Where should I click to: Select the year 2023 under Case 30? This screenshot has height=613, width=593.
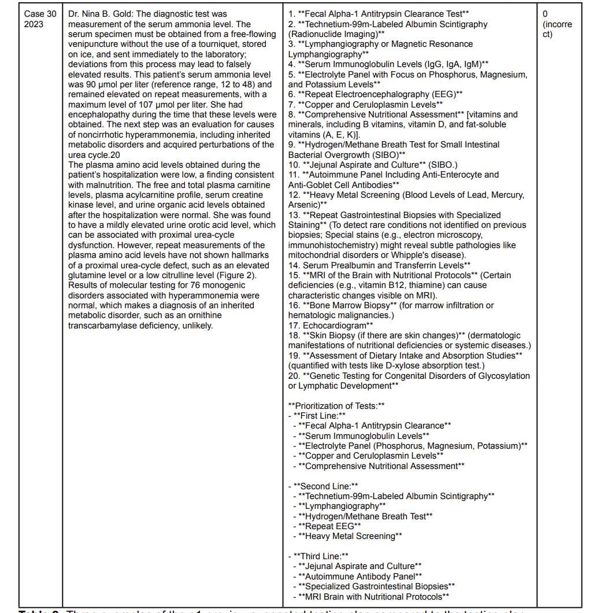[34, 24]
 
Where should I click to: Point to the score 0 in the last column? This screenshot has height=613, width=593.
[546, 14]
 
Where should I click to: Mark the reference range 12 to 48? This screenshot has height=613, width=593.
[227, 84]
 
